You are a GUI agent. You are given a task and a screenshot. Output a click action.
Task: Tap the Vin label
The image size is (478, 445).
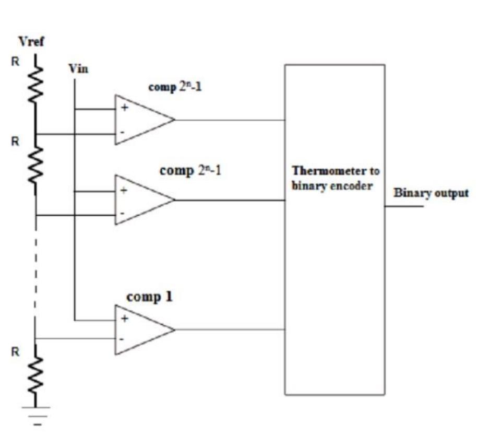point(78,69)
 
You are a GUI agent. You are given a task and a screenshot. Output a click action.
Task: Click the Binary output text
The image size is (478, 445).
point(431,193)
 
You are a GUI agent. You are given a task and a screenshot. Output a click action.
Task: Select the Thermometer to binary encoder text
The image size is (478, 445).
point(336,178)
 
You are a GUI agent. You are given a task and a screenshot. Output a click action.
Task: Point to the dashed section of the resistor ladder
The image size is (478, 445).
point(36,272)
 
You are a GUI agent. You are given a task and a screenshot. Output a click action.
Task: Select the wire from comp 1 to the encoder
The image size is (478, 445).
point(230,330)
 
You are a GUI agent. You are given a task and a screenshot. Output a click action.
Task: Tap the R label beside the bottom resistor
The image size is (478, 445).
point(16,353)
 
